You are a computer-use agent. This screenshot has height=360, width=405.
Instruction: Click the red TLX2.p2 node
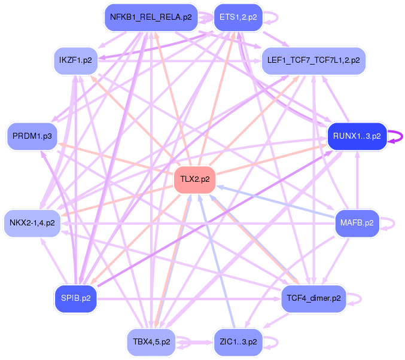click(x=194, y=180)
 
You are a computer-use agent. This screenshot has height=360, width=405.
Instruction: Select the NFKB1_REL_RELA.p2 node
click(x=151, y=17)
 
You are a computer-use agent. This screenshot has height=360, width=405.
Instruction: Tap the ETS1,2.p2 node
click(x=238, y=17)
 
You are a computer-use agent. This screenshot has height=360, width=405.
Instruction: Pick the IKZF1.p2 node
click(x=75, y=60)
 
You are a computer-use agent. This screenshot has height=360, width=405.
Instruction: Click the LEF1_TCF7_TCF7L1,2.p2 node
click(x=313, y=60)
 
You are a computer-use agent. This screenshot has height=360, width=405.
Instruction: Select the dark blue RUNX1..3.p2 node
click(x=357, y=136)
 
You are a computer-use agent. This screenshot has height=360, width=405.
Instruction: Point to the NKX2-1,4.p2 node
click(x=32, y=222)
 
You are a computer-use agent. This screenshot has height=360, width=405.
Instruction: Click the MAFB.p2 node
click(x=357, y=222)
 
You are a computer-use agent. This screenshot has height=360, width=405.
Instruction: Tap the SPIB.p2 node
click(x=75, y=298)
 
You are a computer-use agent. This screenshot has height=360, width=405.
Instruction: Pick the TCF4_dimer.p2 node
click(x=313, y=298)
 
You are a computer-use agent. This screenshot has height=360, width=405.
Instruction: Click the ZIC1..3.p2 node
click(x=238, y=343)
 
